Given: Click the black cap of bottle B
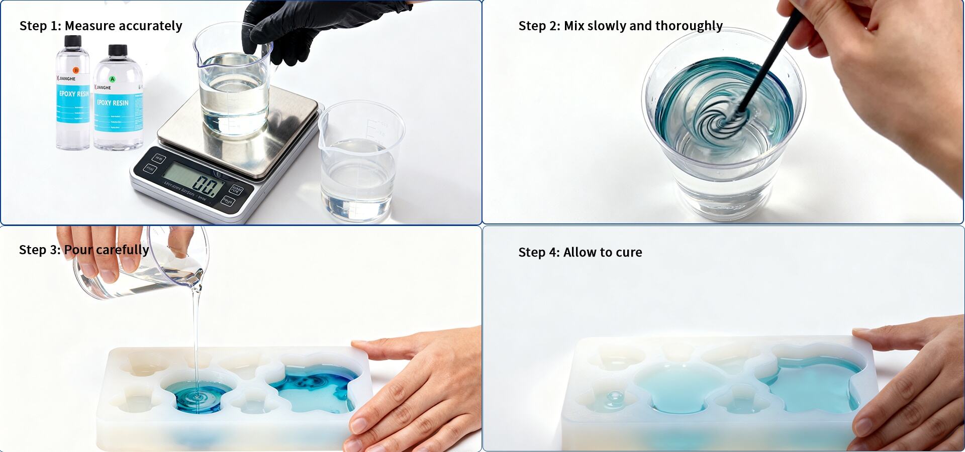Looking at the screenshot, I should pos(73,41).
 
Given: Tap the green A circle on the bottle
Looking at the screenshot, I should pos(113,79).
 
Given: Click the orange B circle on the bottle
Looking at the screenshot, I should pos(76,70).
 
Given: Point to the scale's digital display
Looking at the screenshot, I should pos(194,180).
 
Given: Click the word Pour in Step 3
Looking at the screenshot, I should pos(79,250).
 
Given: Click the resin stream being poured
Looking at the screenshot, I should pos(197,342).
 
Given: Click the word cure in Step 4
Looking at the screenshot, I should pos(629,253).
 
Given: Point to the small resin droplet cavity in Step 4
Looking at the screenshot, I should pos(614,398).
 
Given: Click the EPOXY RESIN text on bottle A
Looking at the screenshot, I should pos(113,103).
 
